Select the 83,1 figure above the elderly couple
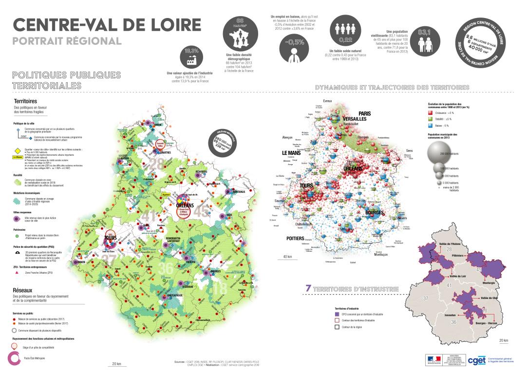click(x=424, y=33)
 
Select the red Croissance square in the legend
click(x=431, y=112)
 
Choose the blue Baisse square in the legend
click(x=431, y=125)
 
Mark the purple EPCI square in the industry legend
click(x=337, y=315)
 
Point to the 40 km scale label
click(x=287, y=257)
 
